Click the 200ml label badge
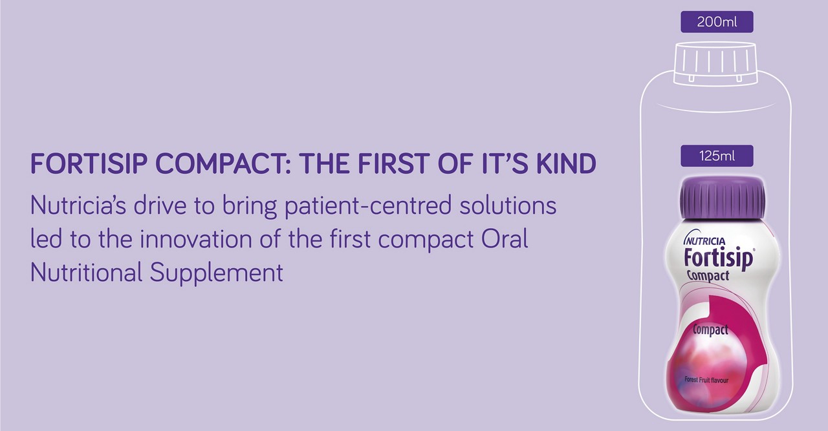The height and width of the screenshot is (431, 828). (x=717, y=22)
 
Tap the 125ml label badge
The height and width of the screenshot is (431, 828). (x=717, y=156)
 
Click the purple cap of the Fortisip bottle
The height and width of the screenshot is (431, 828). (x=723, y=198)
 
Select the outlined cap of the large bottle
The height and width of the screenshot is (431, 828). (x=715, y=63)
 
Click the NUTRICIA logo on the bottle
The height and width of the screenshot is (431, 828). (x=705, y=239)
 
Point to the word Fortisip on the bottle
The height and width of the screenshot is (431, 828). (x=718, y=258)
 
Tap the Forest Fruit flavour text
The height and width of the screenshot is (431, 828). (x=706, y=380)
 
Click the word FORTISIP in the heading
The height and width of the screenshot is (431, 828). (x=89, y=163)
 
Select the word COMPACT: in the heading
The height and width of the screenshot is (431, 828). (x=224, y=163)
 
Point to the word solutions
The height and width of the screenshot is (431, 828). (x=508, y=205)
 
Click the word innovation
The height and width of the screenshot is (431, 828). (x=195, y=239)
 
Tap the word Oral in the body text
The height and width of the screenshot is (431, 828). (x=505, y=239)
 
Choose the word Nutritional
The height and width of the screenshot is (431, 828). (x=86, y=272)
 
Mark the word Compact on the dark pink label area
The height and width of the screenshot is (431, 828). (x=710, y=330)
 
